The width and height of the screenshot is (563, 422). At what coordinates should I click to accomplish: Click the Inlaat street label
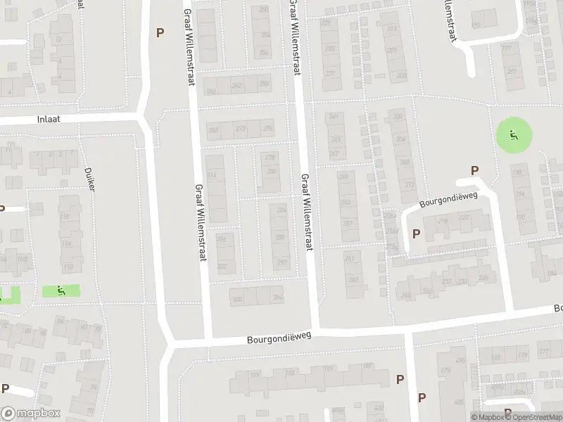coord(49,120)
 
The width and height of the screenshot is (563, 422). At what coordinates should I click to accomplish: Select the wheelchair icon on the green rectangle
coord(61,290)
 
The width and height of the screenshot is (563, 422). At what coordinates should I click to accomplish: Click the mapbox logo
coord(31,414)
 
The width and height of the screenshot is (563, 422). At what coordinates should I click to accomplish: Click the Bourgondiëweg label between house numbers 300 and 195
coord(279,338)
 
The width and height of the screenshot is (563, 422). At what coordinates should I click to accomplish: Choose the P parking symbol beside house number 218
coord(416,234)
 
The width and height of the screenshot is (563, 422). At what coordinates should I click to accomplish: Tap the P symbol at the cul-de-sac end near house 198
coord(474,171)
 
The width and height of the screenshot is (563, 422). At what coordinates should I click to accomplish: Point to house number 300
coord(237,299)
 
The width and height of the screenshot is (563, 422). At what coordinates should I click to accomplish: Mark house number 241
coord(334,116)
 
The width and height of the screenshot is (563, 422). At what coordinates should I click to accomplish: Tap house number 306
coord(222,239)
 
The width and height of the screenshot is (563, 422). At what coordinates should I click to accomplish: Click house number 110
coord(68,268)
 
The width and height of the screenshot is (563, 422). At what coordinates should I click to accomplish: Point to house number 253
coord(346,203)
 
